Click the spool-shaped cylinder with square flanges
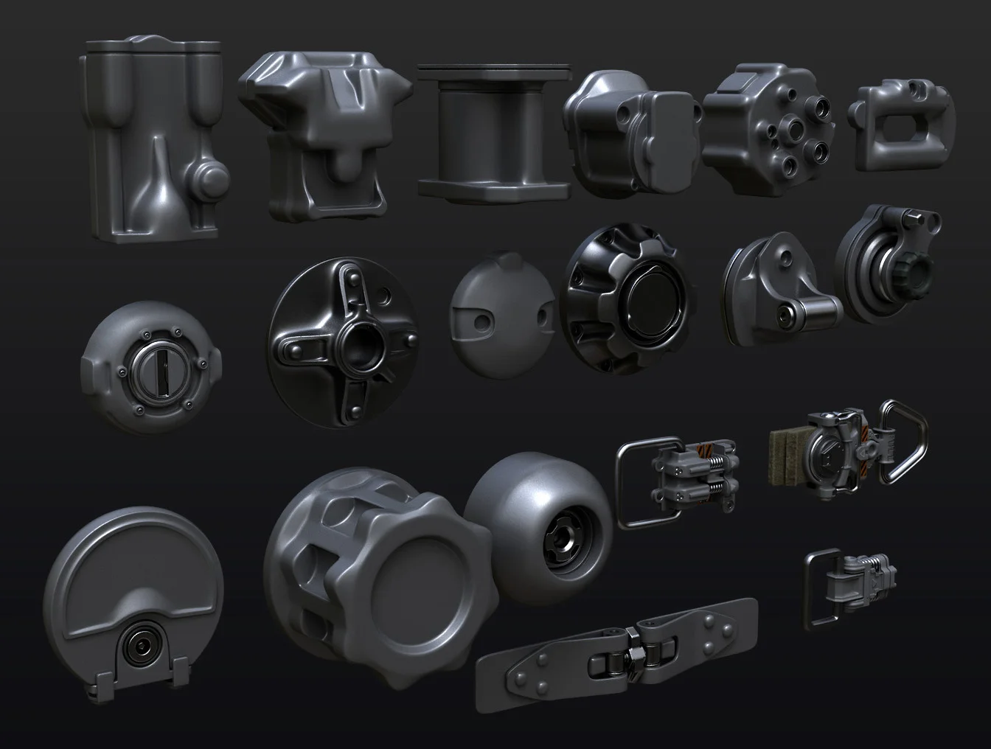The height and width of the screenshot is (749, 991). point(493,133)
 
